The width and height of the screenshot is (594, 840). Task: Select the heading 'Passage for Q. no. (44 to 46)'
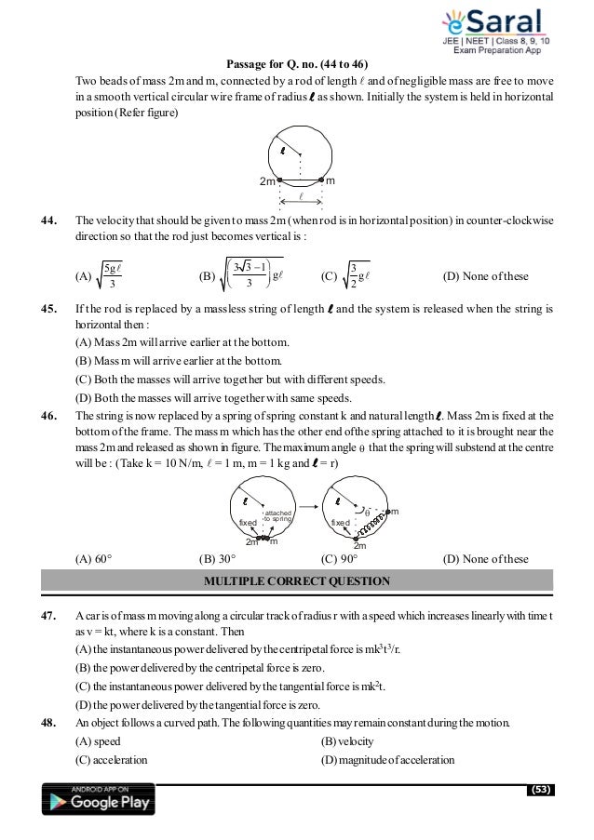click(x=297, y=63)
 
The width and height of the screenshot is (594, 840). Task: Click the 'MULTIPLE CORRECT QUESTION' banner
click(x=296, y=580)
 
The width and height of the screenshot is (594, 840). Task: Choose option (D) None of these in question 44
click(x=485, y=277)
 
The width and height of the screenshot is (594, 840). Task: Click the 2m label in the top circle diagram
click(x=269, y=180)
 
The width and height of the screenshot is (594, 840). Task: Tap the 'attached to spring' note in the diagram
click(x=278, y=517)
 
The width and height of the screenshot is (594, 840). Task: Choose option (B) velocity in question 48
click(x=350, y=741)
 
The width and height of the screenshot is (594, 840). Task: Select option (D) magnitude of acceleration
click(x=387, y=760)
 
